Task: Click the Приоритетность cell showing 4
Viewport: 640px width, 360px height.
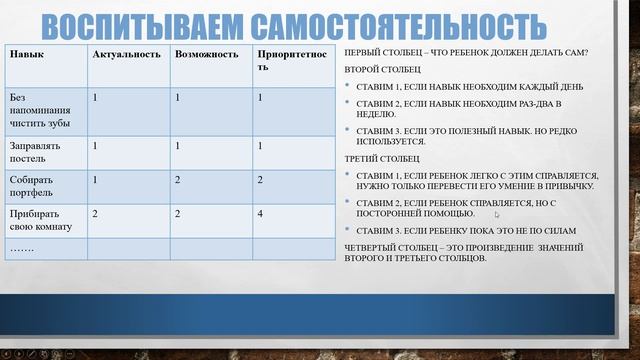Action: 260,214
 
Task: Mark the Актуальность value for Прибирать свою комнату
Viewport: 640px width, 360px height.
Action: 95,214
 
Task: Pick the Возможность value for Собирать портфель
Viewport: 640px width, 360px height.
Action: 178,180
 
